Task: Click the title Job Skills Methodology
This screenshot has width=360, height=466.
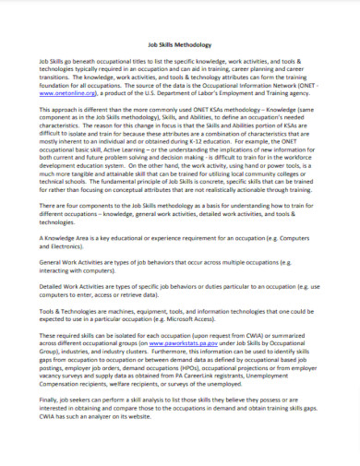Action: [180, 43]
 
